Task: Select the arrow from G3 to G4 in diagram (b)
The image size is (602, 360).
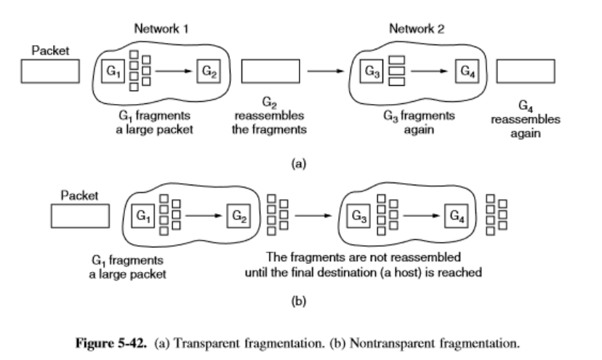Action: pyautogui.click(x=419, y=216)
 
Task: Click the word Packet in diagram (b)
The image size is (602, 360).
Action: pyautogui.click(x=79, y=195)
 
